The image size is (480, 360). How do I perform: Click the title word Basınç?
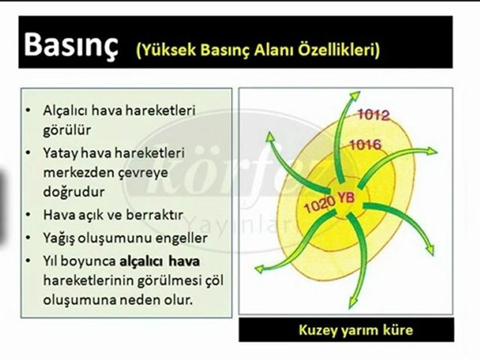[71, 44]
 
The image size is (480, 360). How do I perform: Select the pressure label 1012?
[373, 115]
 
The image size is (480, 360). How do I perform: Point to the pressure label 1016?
[365, 144]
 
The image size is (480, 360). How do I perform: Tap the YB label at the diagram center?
[346, 197]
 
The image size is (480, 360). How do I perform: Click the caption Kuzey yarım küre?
[355, 330]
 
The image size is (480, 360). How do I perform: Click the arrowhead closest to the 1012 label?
[354, 95]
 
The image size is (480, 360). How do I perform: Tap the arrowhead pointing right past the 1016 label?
[432, 151]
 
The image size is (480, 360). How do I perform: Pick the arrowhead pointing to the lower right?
[429, 250]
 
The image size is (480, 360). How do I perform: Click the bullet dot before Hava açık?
[28, 214]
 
